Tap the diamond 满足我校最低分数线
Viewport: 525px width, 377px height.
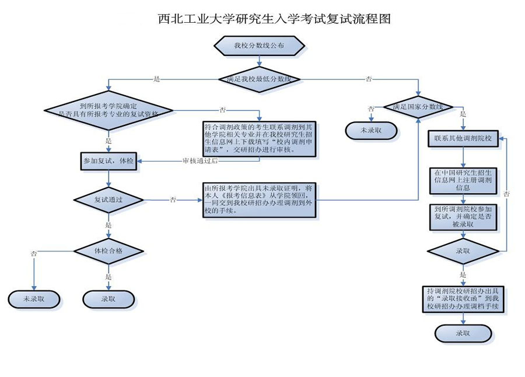pos(259,78)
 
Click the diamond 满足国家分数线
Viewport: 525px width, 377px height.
pos(419,107)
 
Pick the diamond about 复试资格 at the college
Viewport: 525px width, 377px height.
pos(109,110)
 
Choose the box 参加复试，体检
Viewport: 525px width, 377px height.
pos(109,161)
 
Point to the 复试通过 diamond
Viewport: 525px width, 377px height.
pos(109,200)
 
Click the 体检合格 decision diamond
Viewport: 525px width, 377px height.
pos(109,251)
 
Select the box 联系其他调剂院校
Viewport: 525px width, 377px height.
pos(463,139)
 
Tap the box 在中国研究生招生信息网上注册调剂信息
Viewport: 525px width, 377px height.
pos(463,181)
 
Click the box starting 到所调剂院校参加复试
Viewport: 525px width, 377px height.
pos(463,216)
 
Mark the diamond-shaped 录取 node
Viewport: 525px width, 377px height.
pos(463,251)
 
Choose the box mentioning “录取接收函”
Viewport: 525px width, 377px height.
pos(463,298)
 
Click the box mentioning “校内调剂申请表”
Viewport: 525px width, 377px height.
pos(259,139)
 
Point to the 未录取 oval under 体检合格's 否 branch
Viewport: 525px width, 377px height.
pos(33,299)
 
